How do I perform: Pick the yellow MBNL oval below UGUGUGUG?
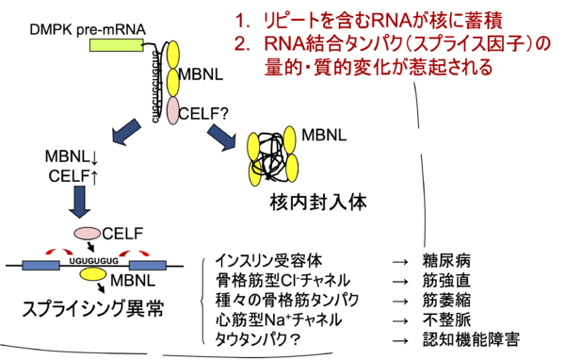click(x=93, y=274)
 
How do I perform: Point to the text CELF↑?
click(x=67, y=174)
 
